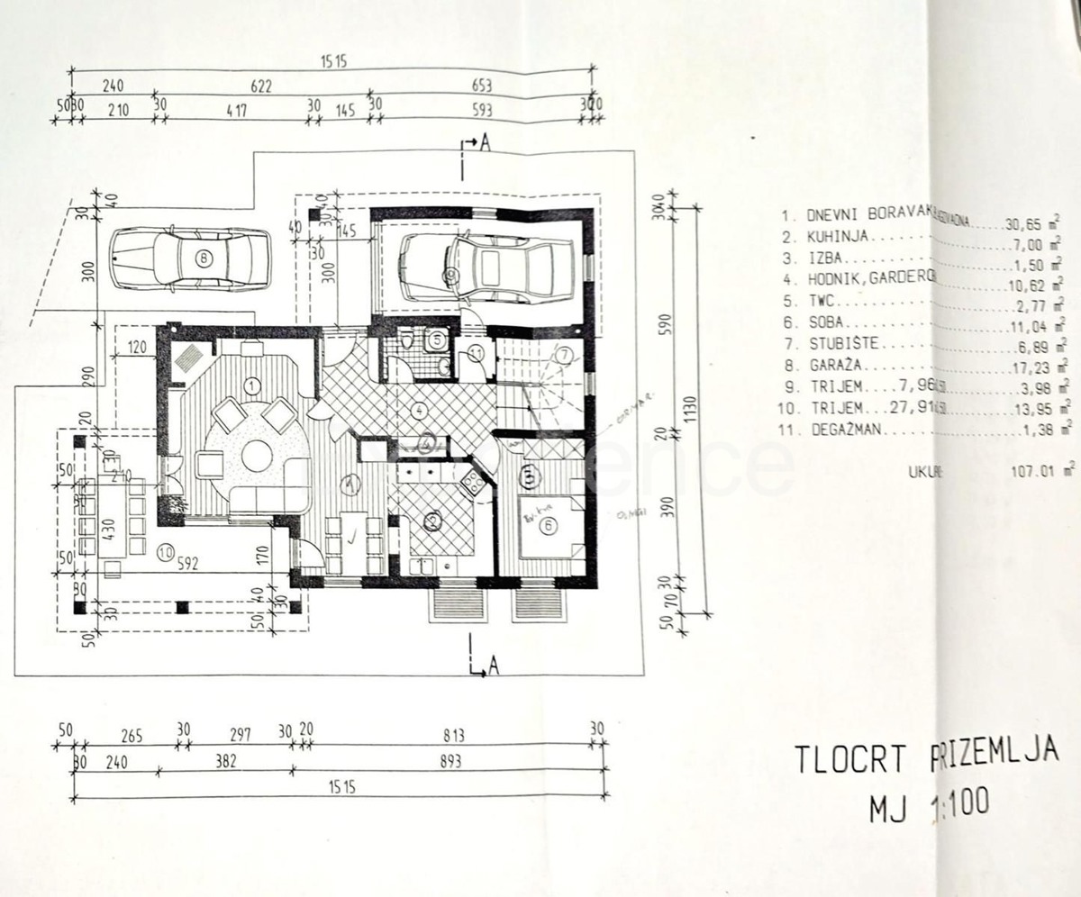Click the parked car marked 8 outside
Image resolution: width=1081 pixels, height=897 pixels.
tap(191, 258)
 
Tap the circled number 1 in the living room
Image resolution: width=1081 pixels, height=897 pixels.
tap(251, 385)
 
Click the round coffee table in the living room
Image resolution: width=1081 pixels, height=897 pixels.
tap(257, 456)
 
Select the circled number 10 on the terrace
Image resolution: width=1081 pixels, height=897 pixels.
tap(164, 554)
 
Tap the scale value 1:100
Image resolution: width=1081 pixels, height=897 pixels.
tap(956, 801)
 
